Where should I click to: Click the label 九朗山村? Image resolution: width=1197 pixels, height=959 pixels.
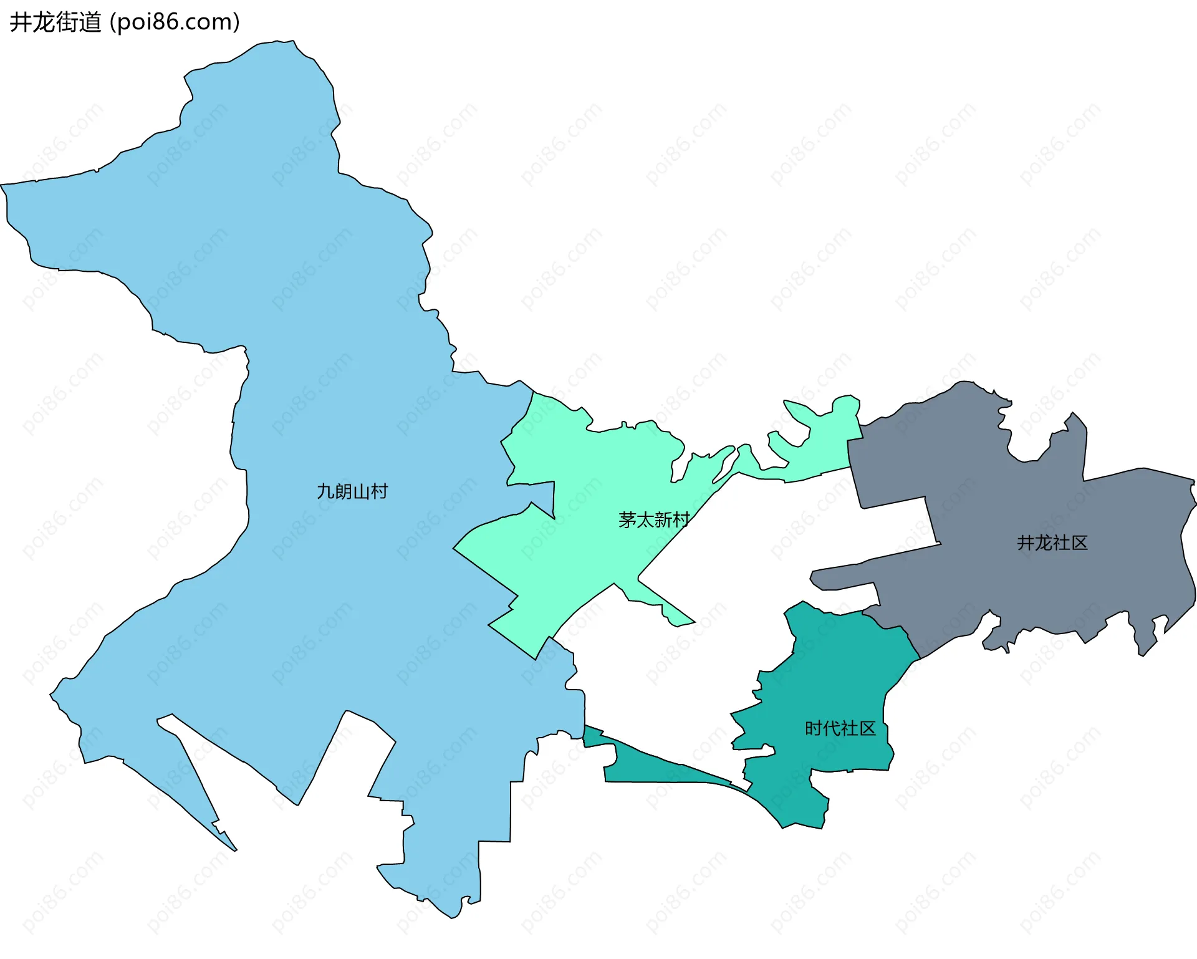tap(352, 492)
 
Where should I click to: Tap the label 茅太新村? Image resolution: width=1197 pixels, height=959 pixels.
tap(654, 520)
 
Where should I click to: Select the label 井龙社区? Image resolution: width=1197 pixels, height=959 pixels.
tap(1052, 543)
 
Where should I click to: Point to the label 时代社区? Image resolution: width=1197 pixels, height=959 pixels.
tap(840, 728)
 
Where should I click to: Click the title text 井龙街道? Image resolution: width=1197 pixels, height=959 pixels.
tap(55, 22)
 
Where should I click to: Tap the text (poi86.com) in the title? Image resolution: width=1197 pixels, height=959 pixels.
tap(175, 22)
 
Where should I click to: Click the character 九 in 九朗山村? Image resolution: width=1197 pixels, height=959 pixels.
tap(326, 492)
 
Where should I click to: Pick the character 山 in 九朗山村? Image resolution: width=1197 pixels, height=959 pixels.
tap(361, 492)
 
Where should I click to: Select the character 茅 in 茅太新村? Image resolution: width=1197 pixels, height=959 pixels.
tap(627, 520)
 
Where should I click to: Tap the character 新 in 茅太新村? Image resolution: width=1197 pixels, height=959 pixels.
tap(663, 520)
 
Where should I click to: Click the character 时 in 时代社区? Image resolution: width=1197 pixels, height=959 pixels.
tap(814, 728)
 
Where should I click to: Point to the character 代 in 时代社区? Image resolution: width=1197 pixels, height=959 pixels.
tap(832, 728)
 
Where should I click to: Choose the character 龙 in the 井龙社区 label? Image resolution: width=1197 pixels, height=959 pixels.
tap(1044, 543)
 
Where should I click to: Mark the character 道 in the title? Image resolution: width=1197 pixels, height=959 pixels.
tap(90, 22)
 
